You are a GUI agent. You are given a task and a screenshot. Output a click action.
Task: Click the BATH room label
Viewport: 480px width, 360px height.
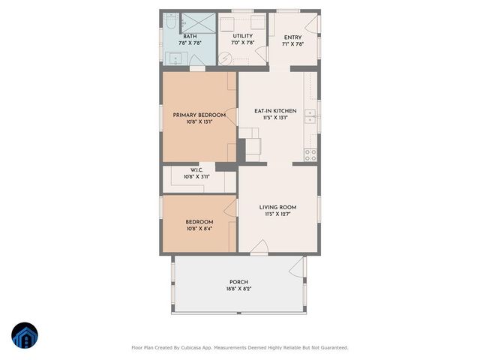tap(190, 36)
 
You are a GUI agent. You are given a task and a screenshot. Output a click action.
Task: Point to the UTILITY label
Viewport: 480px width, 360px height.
tap(242, 36)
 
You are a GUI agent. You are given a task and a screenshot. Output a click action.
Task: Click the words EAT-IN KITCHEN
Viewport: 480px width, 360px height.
tap(275, 111)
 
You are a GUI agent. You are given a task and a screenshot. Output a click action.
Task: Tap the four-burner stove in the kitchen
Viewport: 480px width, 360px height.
tap(310, 154)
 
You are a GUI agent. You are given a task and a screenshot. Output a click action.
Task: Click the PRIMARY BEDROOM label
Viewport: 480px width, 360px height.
tap(199, 115)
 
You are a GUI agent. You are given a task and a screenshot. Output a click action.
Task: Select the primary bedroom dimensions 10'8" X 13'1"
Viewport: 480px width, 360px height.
tap(199, 121)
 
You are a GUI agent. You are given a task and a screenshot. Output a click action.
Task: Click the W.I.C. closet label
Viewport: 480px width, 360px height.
tap(196, 169)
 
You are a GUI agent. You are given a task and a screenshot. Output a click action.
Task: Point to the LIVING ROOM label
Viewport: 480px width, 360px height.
tap(277, 207)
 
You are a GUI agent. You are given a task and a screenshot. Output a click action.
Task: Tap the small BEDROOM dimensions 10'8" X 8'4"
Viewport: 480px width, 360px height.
tap(199, 229)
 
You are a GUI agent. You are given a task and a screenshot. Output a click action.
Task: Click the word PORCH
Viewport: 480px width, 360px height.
tap(238, 282)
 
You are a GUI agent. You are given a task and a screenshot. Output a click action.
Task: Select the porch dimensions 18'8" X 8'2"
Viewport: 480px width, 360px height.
tap(238, 289)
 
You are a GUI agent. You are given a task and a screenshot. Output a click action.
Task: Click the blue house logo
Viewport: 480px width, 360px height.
tap(25, 336)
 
